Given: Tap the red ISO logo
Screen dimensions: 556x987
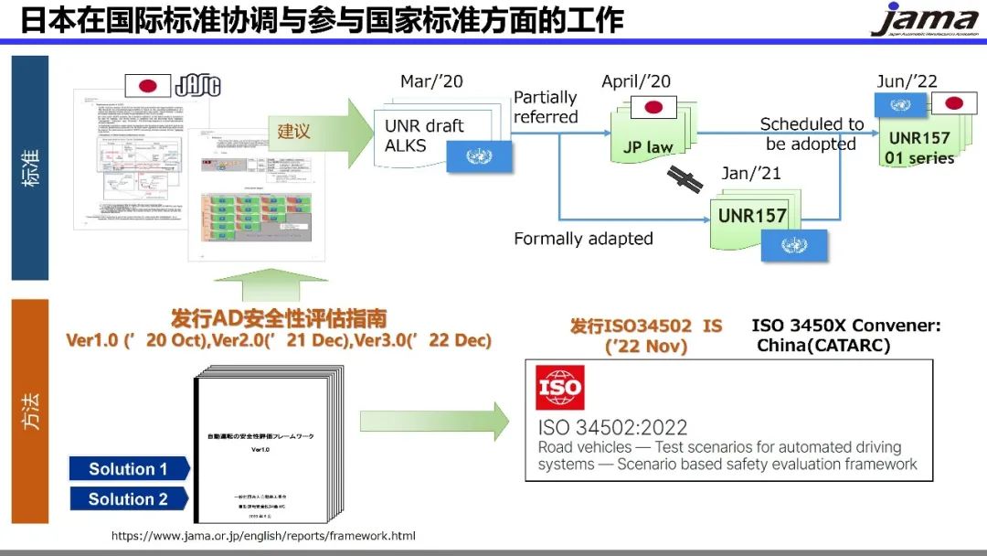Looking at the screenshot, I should [x=559, y=388].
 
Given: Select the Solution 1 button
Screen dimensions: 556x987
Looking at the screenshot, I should [x=129, y=469].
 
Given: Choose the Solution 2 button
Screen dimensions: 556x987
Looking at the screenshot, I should [x=129, y=499].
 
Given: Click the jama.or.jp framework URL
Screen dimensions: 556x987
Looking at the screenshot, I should [x=263, y=536].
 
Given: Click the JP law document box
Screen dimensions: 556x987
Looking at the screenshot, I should [x=648, y=137].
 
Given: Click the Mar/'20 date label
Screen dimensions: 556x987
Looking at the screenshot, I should [x=430, y=81].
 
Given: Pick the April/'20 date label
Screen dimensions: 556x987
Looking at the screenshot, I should [x=636, y=81].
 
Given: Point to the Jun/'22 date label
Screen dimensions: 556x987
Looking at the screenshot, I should [x=907, y=81].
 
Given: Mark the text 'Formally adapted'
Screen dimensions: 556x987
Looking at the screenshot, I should [x=583, y=239].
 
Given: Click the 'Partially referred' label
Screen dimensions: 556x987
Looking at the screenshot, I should [x=546, y=107].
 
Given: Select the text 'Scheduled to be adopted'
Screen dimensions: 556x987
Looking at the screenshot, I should [x=812, y=134].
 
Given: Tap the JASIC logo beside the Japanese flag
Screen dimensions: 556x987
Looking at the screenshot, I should [x=197, y=87].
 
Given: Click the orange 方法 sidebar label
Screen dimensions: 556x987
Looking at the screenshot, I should [x=30, y=412].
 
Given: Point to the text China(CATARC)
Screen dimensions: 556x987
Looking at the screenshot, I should [x=822, y=345].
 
